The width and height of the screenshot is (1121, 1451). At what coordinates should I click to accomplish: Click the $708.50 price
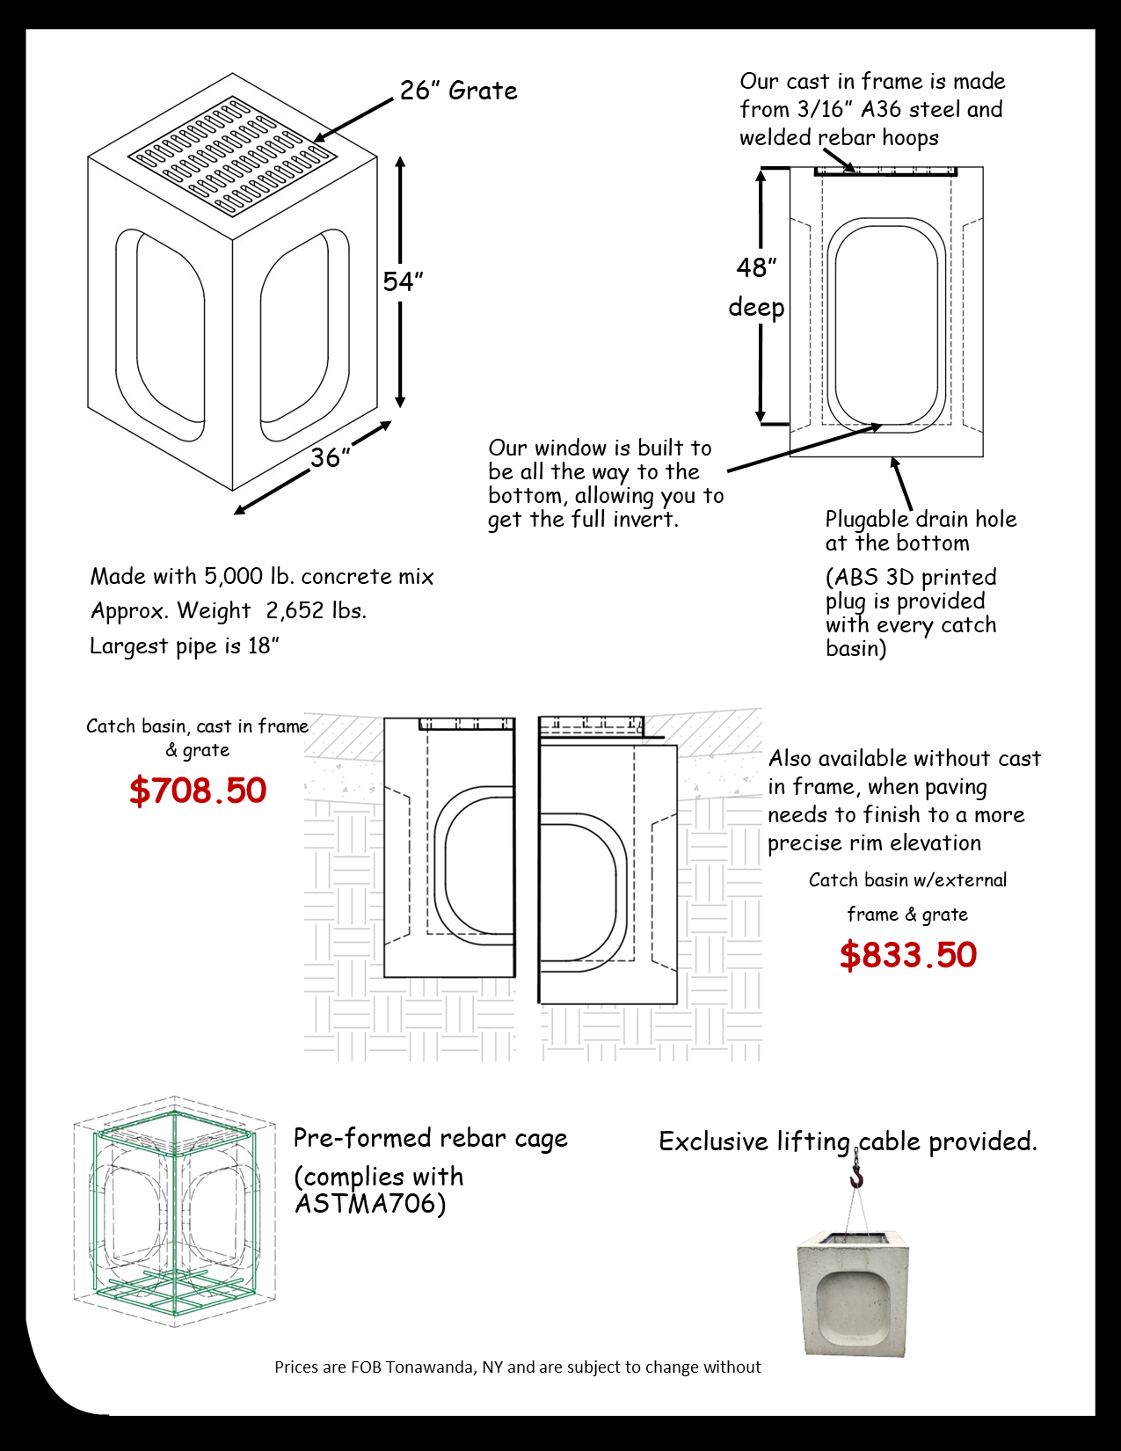pos(198,790)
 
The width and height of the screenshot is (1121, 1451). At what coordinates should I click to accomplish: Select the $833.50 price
pos(908,954)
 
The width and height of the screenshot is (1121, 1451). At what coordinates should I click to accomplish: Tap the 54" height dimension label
pos(403,281)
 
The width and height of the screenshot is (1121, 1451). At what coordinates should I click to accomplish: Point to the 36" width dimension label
pos(331,457)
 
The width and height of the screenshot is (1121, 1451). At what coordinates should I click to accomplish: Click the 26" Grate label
pos(459,91)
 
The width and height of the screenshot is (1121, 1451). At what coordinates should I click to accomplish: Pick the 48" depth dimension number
pos(756,267)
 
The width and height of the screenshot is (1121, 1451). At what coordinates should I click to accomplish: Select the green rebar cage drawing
pos(174,1212)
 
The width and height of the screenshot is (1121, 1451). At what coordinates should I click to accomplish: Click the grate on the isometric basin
pos(232,157)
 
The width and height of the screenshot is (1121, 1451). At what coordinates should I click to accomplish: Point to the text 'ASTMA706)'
pos(370,1204)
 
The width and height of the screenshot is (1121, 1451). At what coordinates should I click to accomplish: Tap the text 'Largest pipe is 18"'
pos(185,645)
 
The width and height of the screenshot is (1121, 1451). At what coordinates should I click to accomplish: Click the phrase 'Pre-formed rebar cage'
pos(431,1139)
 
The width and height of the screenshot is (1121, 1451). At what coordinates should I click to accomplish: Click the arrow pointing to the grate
pos(353,120)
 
